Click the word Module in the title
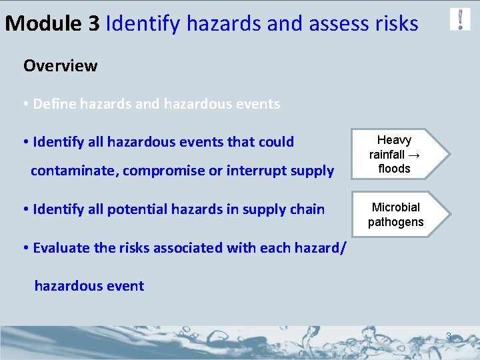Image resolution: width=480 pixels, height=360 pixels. [43, 24]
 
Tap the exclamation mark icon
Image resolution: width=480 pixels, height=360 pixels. [460, 19]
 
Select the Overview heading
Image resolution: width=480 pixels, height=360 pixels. [60, 66]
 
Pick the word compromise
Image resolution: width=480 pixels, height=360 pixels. [163, 171]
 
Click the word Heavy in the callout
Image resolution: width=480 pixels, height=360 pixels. [394, 140]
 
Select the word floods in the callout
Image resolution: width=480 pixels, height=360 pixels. [394, 169]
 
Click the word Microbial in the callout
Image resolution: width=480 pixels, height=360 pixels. [395, 207]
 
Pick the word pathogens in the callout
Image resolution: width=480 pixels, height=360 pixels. [395, 222]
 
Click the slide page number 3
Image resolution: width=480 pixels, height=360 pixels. [449, 337]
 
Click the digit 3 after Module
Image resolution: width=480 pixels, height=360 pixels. [94, 24]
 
